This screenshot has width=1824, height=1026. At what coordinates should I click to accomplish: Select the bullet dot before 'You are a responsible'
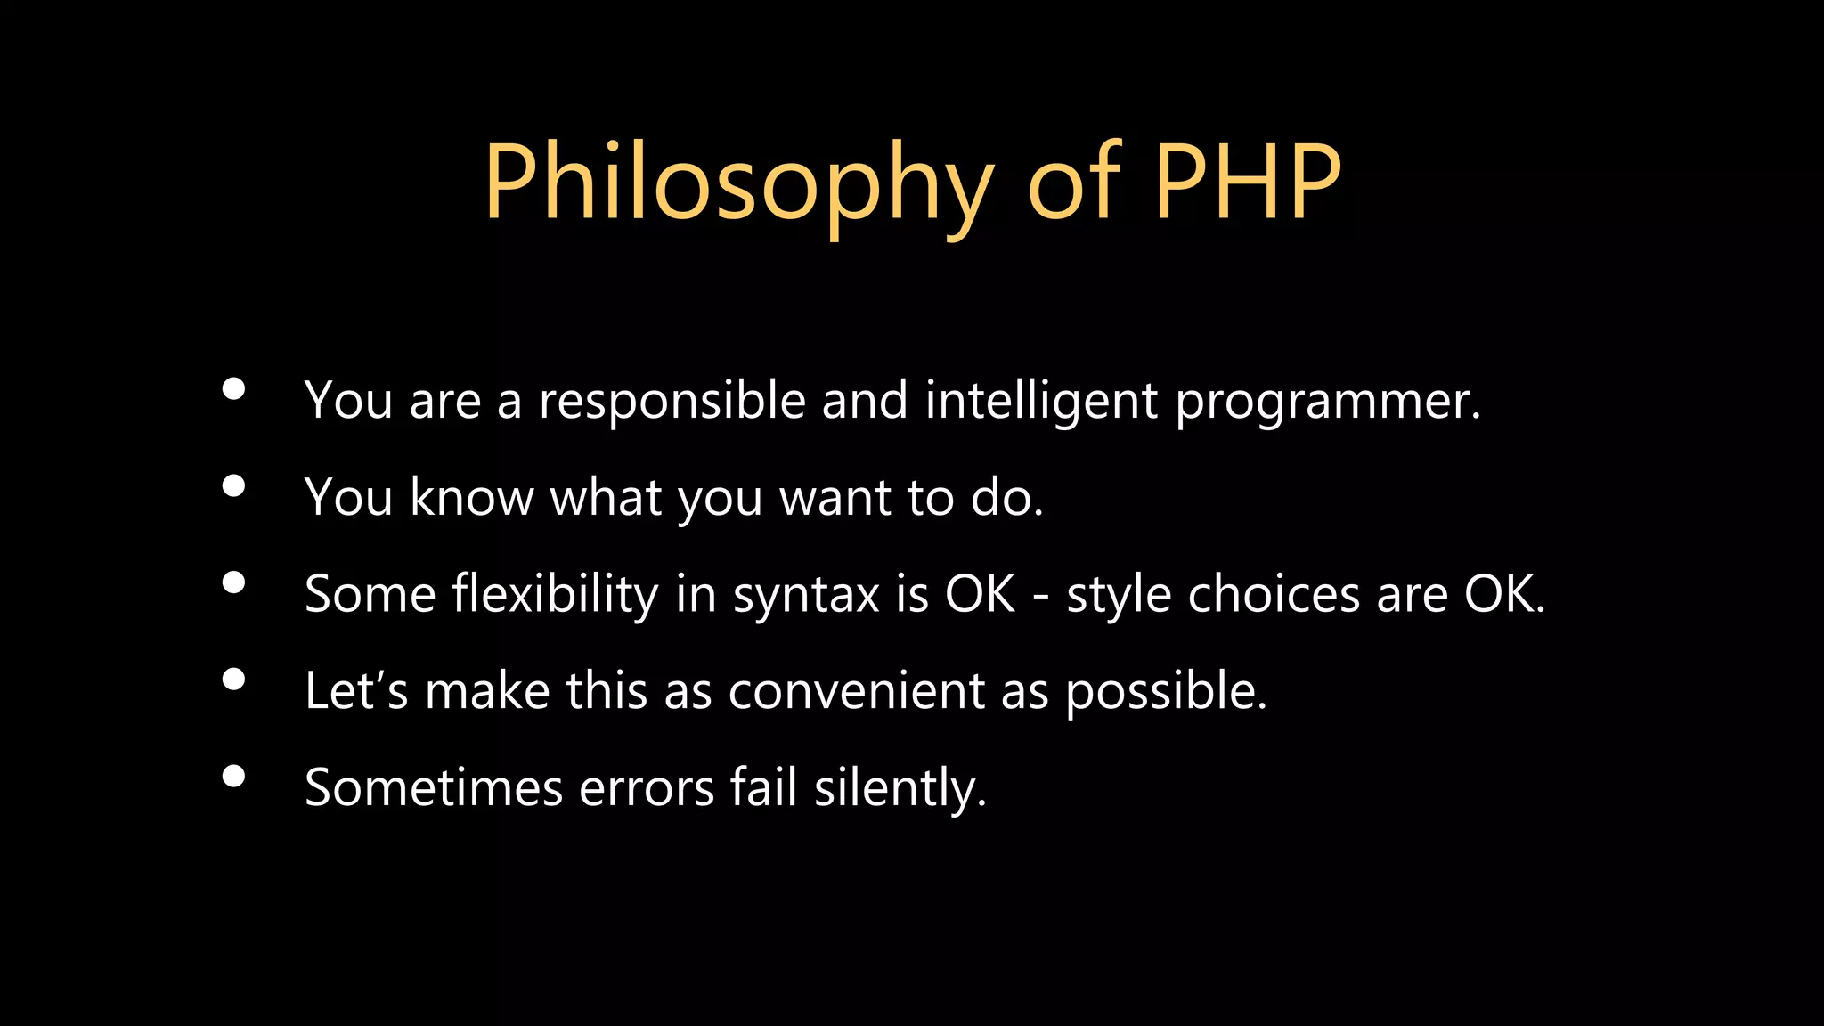click(233, 389)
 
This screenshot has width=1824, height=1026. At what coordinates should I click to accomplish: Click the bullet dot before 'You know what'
click(233, 486)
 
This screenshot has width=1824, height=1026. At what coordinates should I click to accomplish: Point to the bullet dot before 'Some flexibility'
click(233, 582)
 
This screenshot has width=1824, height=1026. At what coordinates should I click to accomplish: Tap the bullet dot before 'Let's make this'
click(233, 680)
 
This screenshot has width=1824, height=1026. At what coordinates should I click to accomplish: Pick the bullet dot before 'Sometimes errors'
click(233, 777)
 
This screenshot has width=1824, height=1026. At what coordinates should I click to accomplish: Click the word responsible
click(672, 401)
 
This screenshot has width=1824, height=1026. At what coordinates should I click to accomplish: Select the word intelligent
click(1041, 401)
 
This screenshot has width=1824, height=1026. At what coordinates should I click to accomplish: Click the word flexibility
click(555, 594)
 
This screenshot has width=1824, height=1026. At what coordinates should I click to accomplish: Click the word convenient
click(856, 691)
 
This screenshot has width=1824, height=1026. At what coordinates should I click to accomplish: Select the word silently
click(900, 788)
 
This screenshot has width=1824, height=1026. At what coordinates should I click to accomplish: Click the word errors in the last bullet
click(647, 788)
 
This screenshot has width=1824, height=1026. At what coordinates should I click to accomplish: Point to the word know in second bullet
click(471, 497)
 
